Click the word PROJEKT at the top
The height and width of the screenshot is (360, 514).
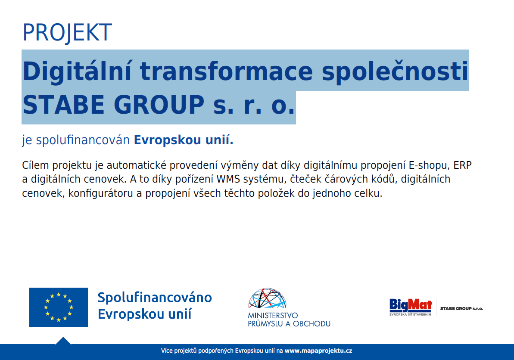[x=67, y=32]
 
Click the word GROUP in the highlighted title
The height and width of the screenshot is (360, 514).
[x=159, y=105]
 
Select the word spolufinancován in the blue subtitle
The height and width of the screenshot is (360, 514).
[x=83, y=140]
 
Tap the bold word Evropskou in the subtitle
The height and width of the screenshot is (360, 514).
[x=168, y=140]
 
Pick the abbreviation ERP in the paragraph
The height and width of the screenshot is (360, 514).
[x=462, y=165]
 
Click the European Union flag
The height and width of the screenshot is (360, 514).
[x=59, y=307]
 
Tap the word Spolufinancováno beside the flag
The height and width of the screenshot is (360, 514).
[x=155, y=298]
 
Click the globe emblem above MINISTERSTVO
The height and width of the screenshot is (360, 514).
[x=267, y=298]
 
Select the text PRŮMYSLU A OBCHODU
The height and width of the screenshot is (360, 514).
[x=289, y=324]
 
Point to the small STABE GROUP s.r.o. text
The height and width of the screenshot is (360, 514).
[x=461, y=309]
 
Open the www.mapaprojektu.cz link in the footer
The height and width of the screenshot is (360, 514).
[x=318, y=351]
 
